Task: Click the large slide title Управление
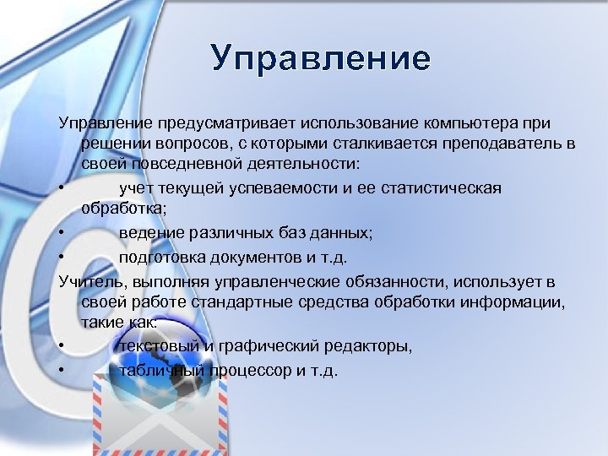321,58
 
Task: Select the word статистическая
438,187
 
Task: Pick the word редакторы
372,345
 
